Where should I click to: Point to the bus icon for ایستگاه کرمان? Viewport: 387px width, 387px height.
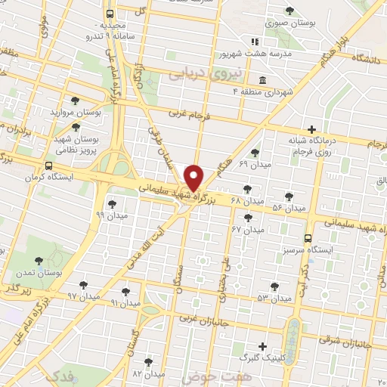(x=49, y=166)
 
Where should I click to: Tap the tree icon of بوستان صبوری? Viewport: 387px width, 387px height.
(x=289, y=10)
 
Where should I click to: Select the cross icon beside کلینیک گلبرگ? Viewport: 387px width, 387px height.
(x=261, y=346)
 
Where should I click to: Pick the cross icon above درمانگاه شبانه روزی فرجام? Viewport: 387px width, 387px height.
(x=312, y=128)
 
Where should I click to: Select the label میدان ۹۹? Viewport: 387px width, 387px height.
(x=111, y=215)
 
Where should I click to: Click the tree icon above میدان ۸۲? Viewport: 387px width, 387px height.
(x=148, y=362)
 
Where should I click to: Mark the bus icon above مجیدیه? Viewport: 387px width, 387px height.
(x=111, y=14)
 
